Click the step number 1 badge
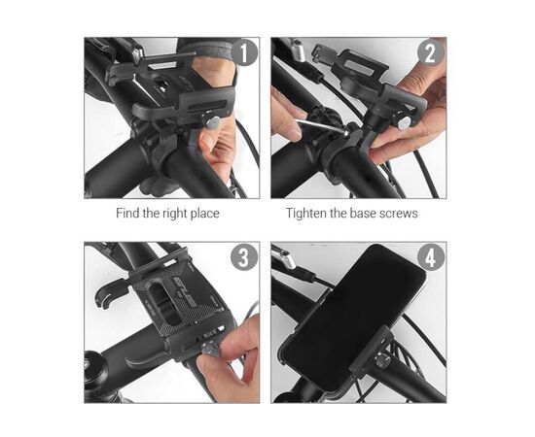coord(244,52)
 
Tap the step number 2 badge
coord(431,52)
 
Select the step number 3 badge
coord(244,257)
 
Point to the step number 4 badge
coord(431,257)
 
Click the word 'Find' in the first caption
coord(128,214)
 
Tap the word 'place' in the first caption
coord(204,215)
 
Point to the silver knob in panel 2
coord(404,123)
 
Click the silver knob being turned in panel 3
coord(208,348)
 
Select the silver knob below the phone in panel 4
coord(381,359)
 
